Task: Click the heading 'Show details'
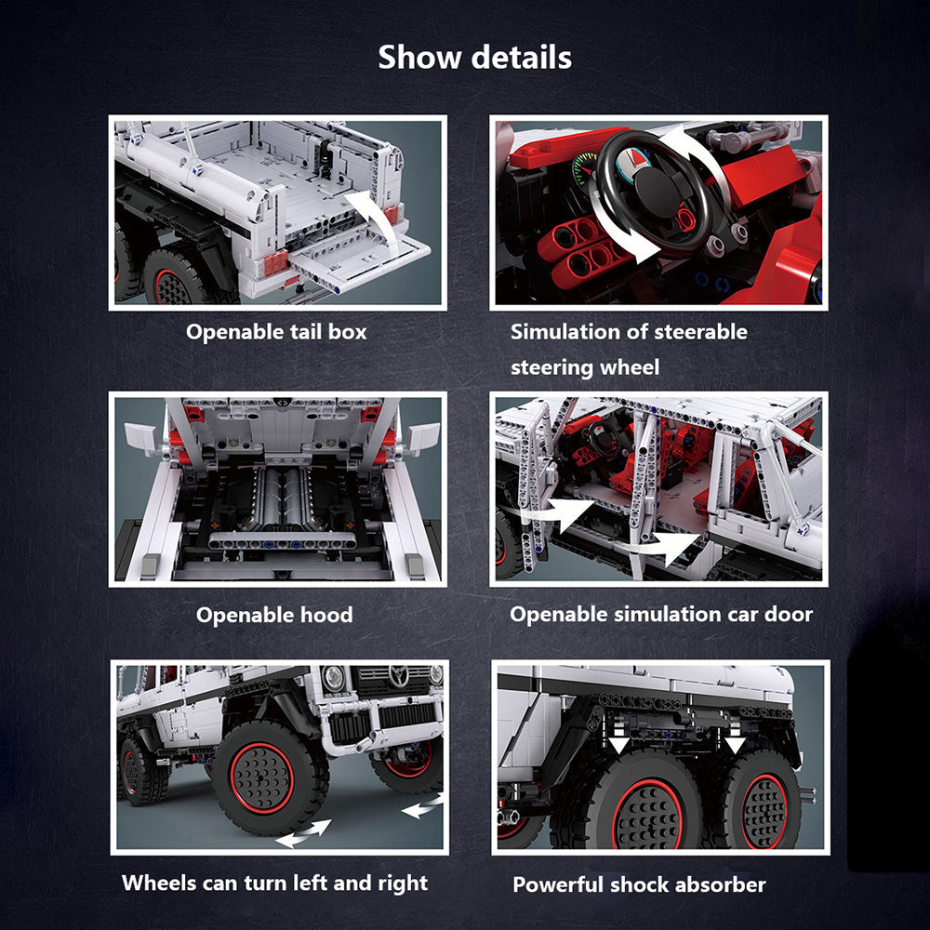tap(474, 58)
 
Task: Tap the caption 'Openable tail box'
tap(276, 332)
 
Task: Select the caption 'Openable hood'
tap(274, 615)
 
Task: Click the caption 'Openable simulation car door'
tap(661, 615)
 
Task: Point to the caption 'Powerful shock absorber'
tap(640, 885)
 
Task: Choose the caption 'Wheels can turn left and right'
tap(274, 883)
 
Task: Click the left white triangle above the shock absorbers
tap(618, 745)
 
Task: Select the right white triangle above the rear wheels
tap(735, 745)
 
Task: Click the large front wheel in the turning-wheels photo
tap(270, 777)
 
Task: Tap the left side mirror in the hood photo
tap(141, 437)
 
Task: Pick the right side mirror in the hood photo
tap(422, 437)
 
